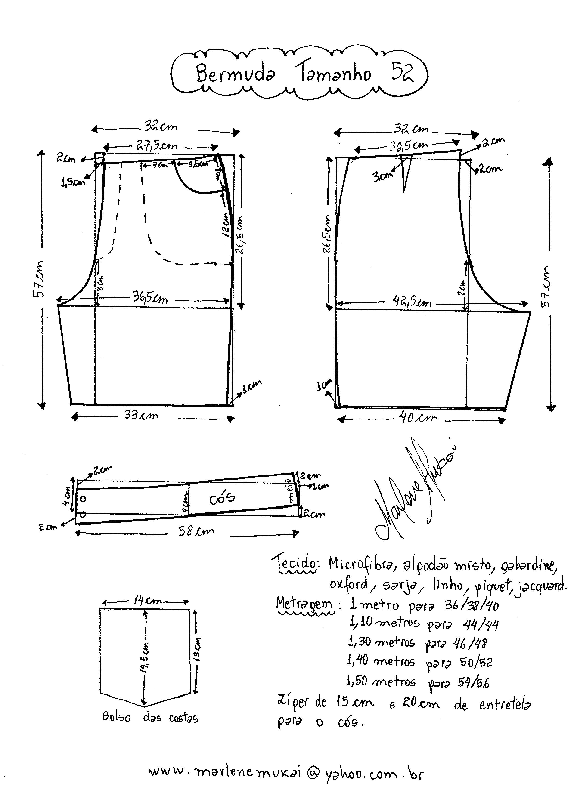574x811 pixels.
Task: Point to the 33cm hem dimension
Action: (141, 415)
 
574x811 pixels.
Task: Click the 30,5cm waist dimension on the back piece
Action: (408, 145)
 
